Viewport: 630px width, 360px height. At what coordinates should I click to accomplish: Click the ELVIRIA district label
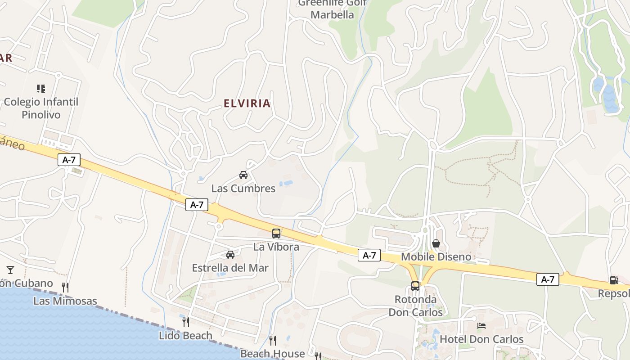point(247,103)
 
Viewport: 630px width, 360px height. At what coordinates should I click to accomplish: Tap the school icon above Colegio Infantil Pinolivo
point(41,88)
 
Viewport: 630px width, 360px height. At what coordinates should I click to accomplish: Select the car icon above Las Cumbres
point(243,175)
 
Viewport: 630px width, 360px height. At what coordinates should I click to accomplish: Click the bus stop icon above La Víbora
point(276,234)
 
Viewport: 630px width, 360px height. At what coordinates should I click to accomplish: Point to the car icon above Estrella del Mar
point(230,255)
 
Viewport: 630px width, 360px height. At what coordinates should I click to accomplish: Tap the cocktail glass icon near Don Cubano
point(10,270)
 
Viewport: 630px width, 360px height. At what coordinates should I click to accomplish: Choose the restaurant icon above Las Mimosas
point(65,287)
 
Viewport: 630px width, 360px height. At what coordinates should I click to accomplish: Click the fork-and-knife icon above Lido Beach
point(185,322)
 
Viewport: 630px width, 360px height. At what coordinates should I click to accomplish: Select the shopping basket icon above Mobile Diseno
point(436,243)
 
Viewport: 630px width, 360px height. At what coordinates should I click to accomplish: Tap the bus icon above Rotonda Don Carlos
point(415,286)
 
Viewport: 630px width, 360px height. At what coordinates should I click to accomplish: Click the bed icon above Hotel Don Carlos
point(481,325)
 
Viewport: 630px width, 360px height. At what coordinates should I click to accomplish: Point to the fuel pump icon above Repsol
point(614,280)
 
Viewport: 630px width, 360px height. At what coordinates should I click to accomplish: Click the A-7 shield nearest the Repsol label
point(548,279)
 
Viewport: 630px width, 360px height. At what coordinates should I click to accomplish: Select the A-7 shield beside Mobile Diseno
point(369,255)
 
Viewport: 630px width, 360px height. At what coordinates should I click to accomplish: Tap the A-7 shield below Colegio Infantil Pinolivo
point(69,159)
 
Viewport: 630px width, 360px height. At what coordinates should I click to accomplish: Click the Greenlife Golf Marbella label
point(333,9)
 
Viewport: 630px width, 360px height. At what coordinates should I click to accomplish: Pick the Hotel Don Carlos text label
point(481,339)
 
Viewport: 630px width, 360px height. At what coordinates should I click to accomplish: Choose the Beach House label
point(272,354)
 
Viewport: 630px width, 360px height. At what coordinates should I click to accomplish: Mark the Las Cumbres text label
point(243,188)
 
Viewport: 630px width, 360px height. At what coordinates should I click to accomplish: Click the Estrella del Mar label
point(230,268)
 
